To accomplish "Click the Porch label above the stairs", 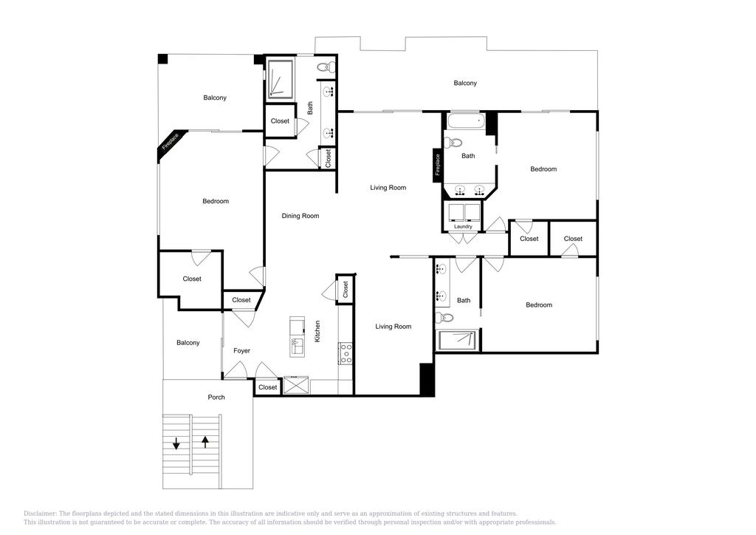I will pyautogui.click(x=216, y=398).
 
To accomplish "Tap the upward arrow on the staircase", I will pyautogui.click(x=205, y=443).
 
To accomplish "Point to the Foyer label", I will pyautogui.click(x=242, y=351).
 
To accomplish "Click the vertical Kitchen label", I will pyautogui.click(x=318, y=330).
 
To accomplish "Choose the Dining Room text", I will pyautogui.click(x=300, y=216).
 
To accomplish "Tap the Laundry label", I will pyautogui.click(x=463, y=227).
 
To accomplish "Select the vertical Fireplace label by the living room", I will pyautogui.click(x=438, y=164).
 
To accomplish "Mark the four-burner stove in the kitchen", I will pyautogui.click(x=346, y=354).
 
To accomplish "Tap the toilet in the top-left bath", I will pyautogui.click(x=326, y=67).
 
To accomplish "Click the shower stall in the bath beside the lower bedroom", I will pyautogui.click(x=458, y=341).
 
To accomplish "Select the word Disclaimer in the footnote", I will pyautogui.click(x=41, y=514).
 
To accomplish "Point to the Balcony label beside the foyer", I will pyautogui.click(x=188, y=343).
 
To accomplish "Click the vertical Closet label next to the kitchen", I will pyautogui.click(x=346, y=290).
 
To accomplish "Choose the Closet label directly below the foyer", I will pyautogui.click(x=268, y=387).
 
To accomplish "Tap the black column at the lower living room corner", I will pyautogui.click(x=426, y=379).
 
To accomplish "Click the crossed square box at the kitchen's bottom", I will pyautogui.click(x=297, y=385).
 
